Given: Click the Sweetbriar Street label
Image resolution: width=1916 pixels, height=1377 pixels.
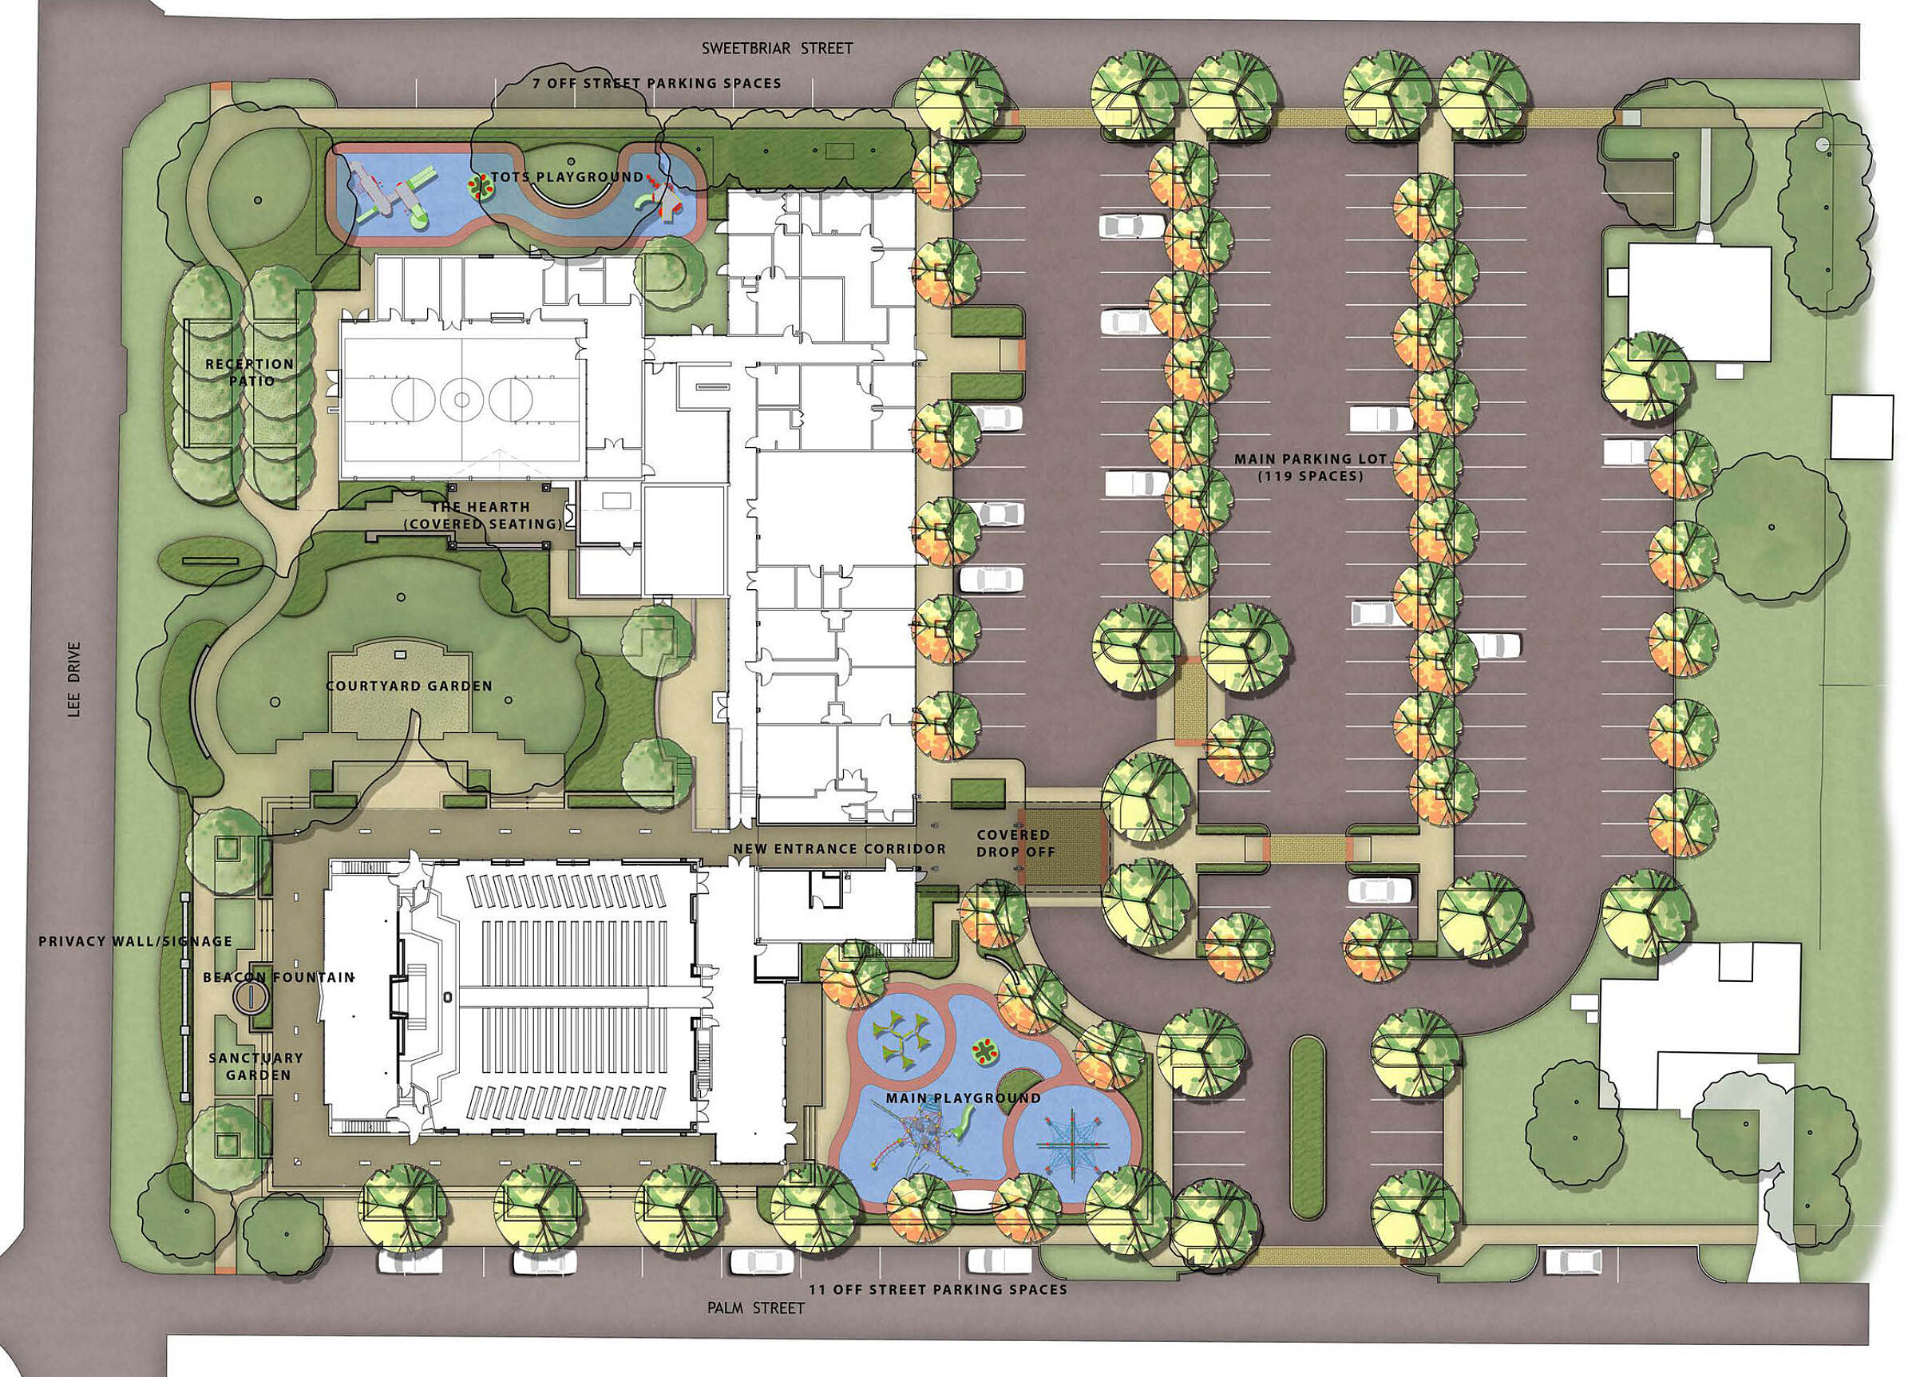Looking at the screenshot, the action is click(x=778, y=48).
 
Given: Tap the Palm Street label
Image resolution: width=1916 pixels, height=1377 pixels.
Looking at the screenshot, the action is click(x=756, y=1308).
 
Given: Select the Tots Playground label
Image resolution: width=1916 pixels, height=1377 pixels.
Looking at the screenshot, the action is click(x=558, y=177).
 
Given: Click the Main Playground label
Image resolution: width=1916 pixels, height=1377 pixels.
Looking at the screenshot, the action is click(x=963, y=1098).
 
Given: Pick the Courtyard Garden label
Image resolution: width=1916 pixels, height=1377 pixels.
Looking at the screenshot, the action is click(x=409, y=686).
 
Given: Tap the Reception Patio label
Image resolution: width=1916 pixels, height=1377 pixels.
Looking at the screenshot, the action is click(x=250, y=373).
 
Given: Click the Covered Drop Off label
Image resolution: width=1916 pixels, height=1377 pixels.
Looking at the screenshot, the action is click(x=1015, y=843).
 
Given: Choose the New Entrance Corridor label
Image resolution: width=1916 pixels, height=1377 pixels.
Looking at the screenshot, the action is click(x=840, y=849).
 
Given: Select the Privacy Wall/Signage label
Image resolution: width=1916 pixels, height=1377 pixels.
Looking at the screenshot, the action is click(x=135, y=941).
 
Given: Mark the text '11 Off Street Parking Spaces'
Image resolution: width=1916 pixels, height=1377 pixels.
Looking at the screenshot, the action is click(x=938, y=1290).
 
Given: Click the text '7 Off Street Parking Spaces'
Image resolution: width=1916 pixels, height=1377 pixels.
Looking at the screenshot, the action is click(x=656, y=84).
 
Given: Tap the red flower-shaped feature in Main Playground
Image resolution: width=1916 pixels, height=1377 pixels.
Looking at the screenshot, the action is click(x=984, y=1051).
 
